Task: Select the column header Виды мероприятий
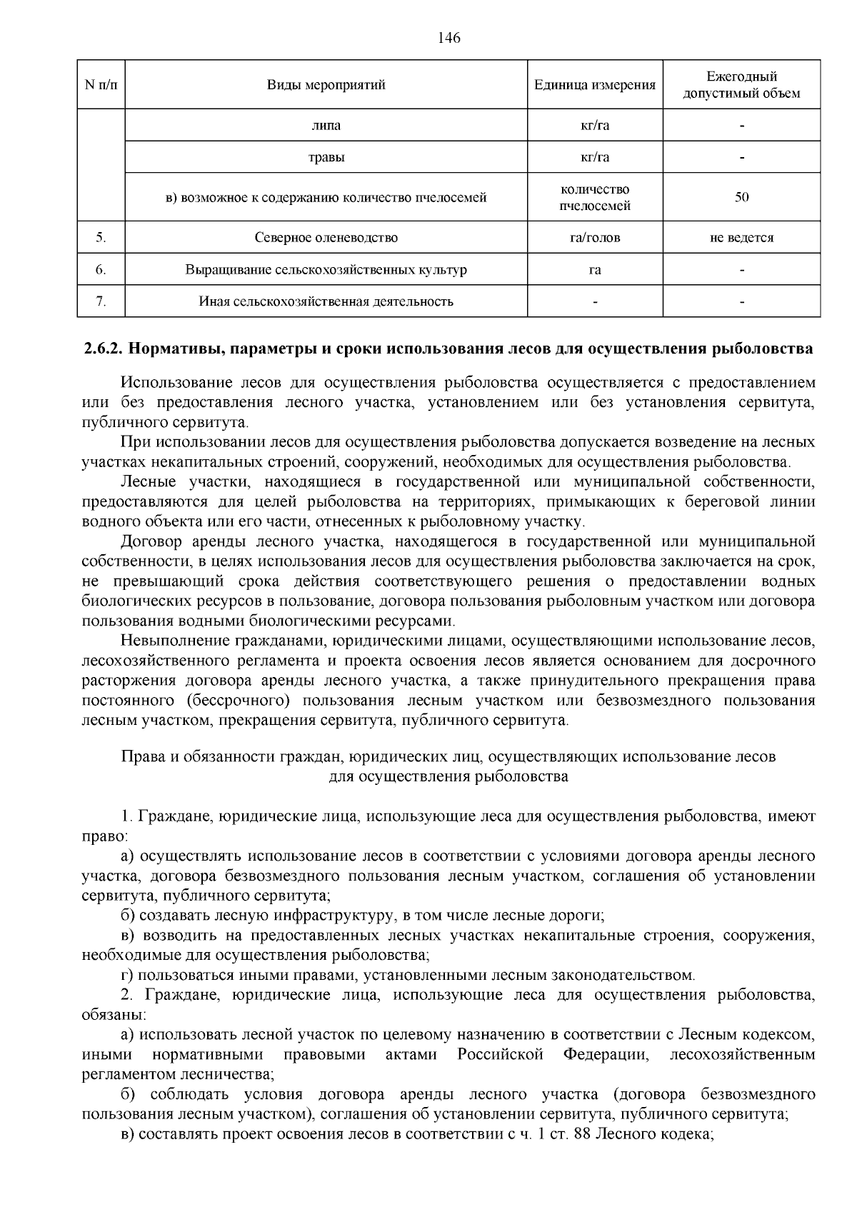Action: [x=326, y=85]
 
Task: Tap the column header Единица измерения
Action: [x=595, y=85]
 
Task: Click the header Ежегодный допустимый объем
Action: [x=741, y=85]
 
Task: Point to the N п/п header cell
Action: [x=101, y=85]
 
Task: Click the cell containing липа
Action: [x=326, y=126]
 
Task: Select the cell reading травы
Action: [x=326, y=157]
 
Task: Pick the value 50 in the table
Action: [x=741, y=198]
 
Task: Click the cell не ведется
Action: [x=741, y=238]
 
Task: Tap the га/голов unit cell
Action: [x=595, y=238]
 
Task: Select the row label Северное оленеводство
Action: [x=326, y=238]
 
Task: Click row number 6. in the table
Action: [x=101, y=270]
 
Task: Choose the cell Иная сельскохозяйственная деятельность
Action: [x=326, y=301]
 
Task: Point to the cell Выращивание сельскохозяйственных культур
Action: [x=326, y=270]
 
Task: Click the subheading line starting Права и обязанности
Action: [x=448, y=756]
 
